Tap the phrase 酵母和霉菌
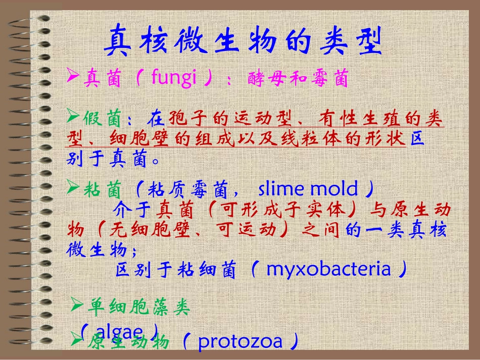point(299,79)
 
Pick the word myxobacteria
point(328,269)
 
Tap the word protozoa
point(240,342)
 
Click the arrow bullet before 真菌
point(73,78)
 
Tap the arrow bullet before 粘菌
point(73,189)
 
